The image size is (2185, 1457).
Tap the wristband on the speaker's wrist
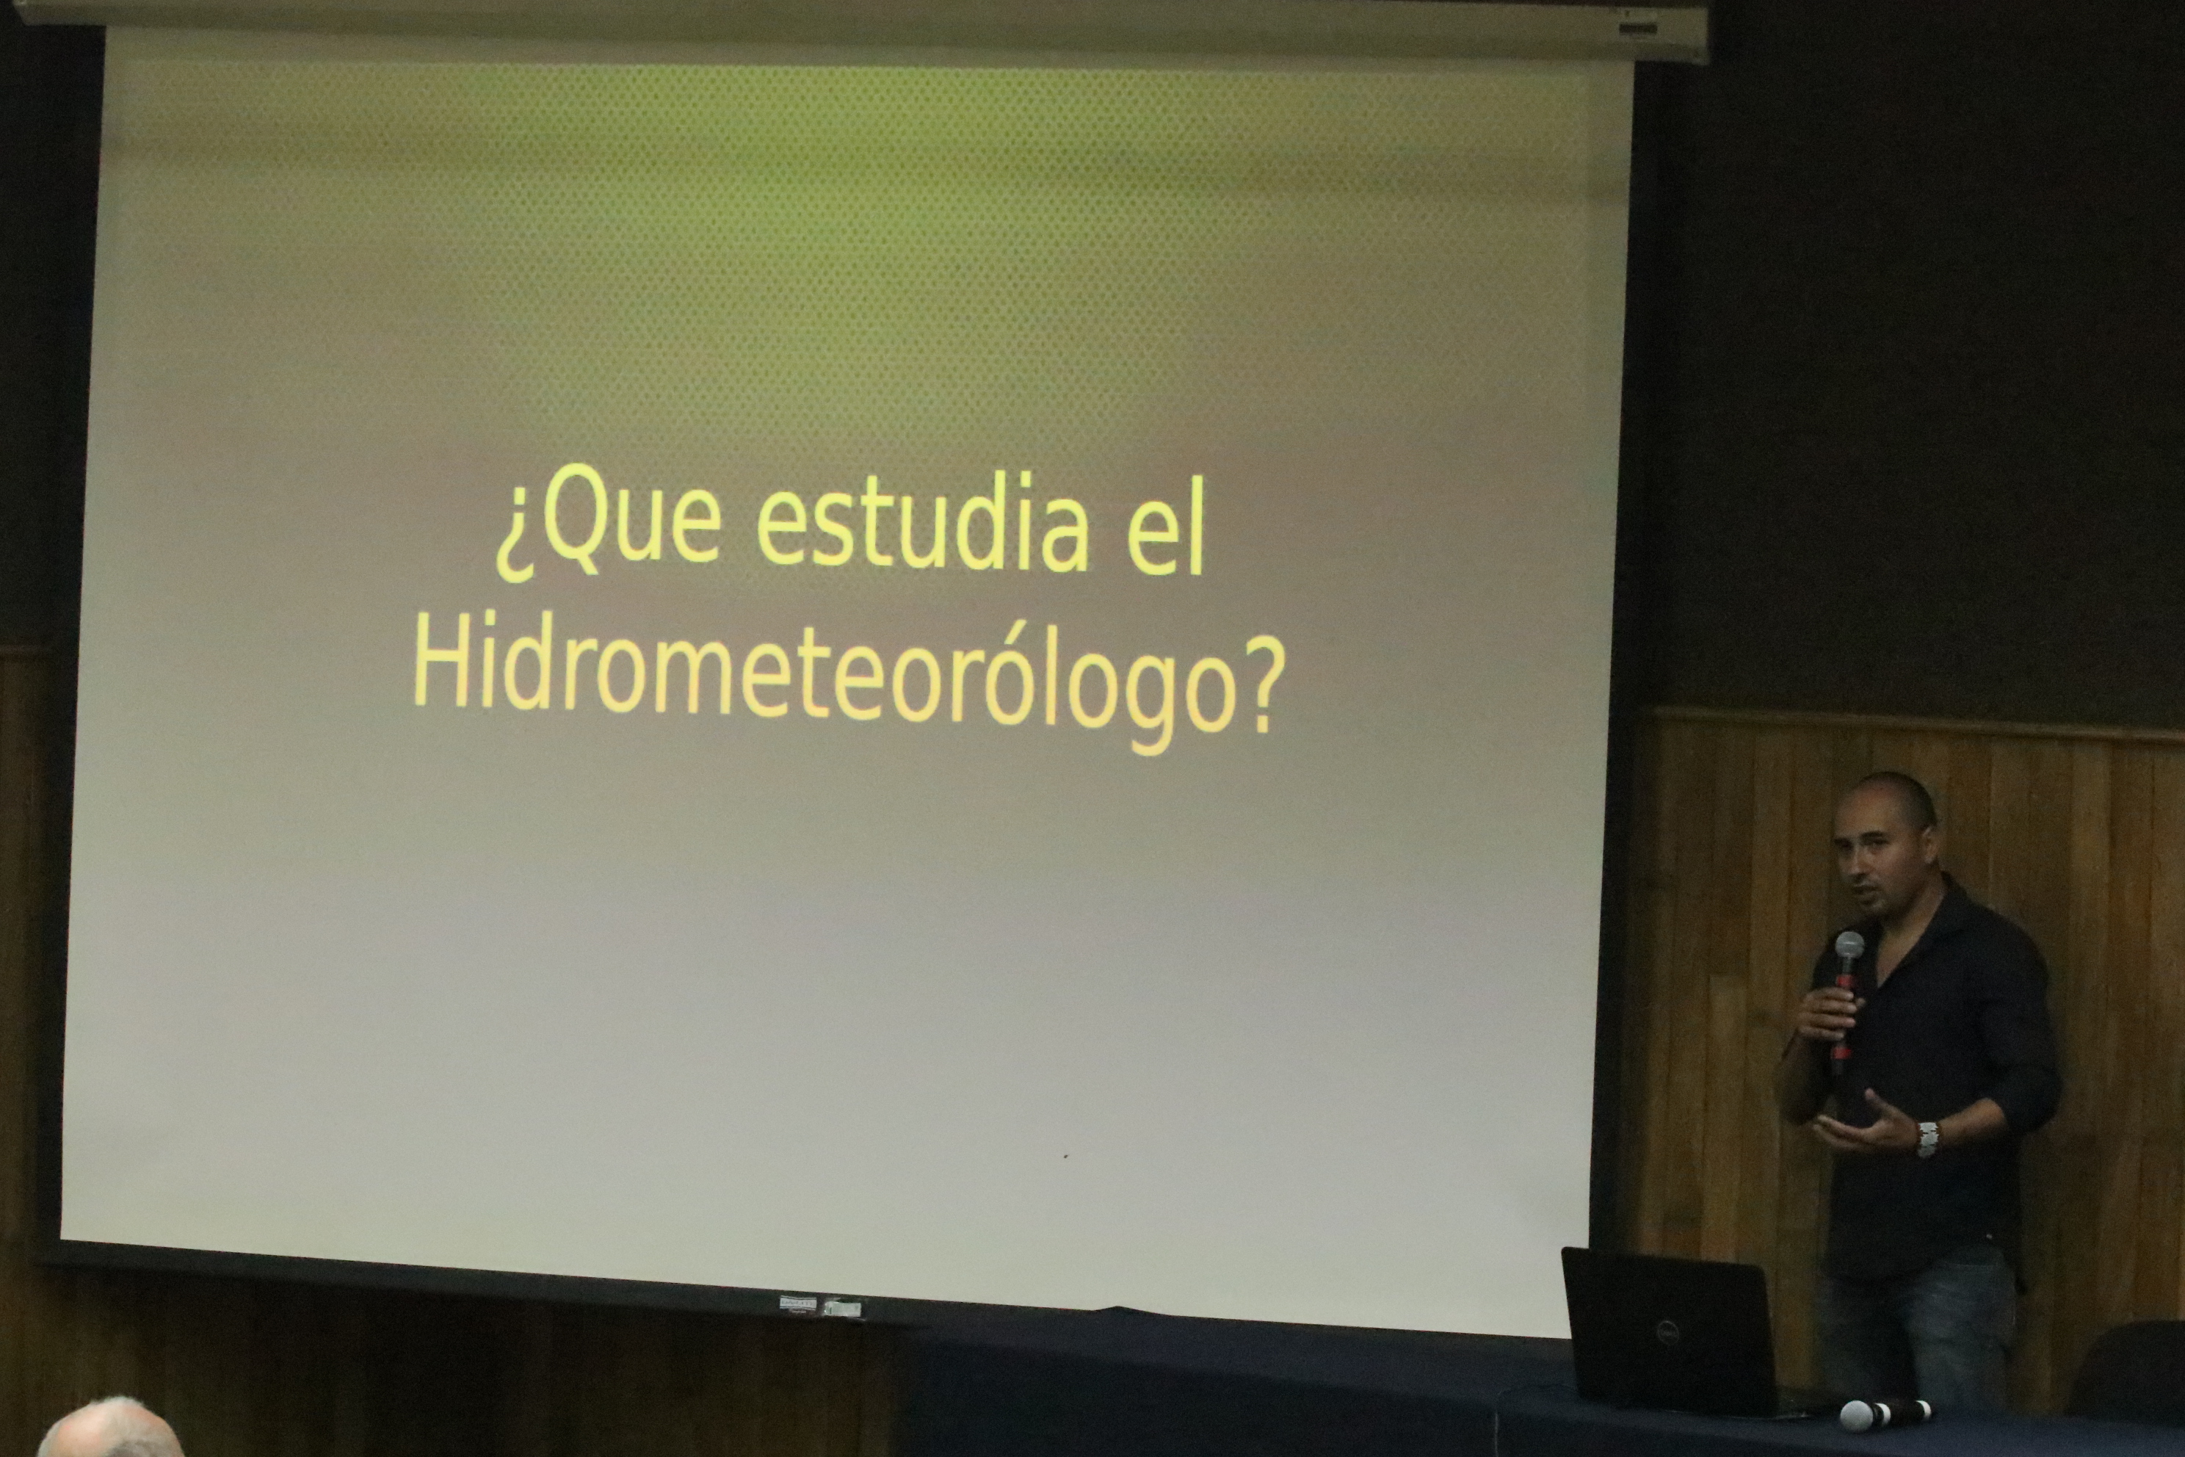click(x=1928, y=1138)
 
